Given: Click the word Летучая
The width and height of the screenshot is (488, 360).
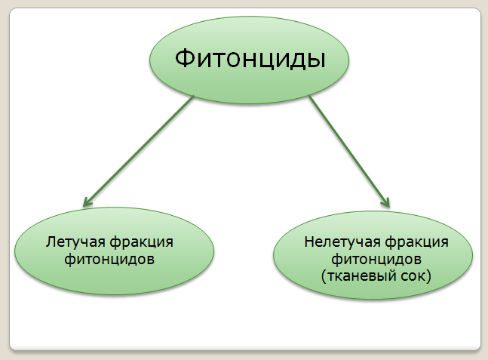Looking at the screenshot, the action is pyautogui.click(x=75, y=243).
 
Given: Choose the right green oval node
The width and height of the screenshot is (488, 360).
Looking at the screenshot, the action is pyautogui.click(x=376, y=294).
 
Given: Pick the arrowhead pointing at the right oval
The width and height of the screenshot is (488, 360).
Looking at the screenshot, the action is pyautogui.click(x=386, y=202).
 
